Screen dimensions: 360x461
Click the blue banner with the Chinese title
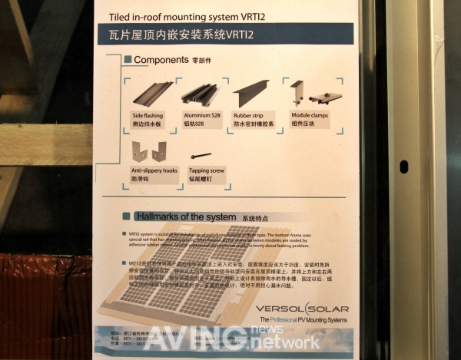click(223, 35)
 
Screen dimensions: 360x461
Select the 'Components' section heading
click(161, 60)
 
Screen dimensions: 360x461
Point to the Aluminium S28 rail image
click(201, 94)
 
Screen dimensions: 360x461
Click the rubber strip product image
click(251, 92)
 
